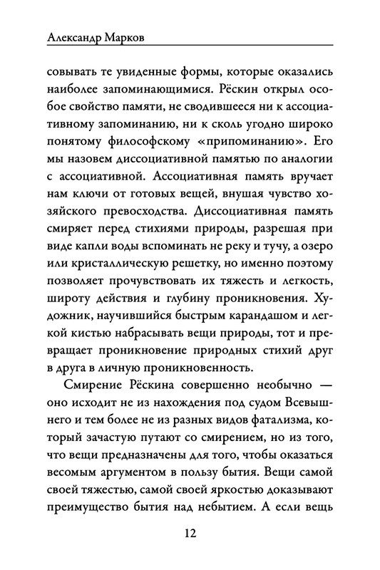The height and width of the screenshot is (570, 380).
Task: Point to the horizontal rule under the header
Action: pos(190,48)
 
